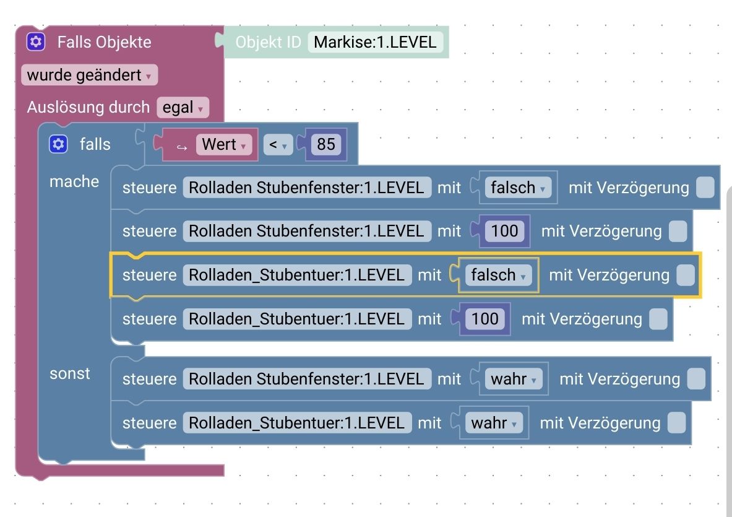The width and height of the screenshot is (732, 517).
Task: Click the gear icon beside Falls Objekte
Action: pyautogui.click(x=36, y=42)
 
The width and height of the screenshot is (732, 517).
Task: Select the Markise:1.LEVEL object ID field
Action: pyautogui.click(x=375, y=42)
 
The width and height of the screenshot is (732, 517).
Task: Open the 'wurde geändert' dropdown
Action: pyautogui.click(x=89, y=76)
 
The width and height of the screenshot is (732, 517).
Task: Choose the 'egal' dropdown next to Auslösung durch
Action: pyautogui.click(x=183, y=108)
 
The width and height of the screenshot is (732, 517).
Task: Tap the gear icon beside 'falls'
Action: pyautogui.click(x=58, y=144)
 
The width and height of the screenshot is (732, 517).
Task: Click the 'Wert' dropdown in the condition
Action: pyautogui.click(x=224, y=145)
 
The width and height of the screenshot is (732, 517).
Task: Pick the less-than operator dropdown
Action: pyautogui.click(x=278, y=145)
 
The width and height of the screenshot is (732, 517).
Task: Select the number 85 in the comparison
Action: pyautogui.click(x=325, y=145)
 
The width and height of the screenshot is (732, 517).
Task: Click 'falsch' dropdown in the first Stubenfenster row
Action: pyautogui.click(x=517, y=188)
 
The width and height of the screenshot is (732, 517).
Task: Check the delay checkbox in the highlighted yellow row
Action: pyautogui.click(x=685, y=276)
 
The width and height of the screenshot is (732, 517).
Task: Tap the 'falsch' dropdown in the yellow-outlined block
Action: pyautogui.click(x=498, y=276)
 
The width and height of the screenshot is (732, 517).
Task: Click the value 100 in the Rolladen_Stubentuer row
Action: pyautogui.click(x=484, y=319)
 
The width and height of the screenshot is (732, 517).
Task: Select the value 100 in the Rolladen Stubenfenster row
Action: pyautogui.click(x=504, y=232)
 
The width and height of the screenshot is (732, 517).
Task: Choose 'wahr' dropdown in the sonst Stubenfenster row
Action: pyautogui.click(x=513, y=379)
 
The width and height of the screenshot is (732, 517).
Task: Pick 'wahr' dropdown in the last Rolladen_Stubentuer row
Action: pyautogui.click(x=494, y=423)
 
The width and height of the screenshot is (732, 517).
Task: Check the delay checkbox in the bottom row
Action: pyautogui.click(x=676, y=423)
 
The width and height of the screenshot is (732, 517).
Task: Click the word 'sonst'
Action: pyautogui.click(x=70, y=373)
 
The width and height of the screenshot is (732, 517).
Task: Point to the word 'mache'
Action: pyautogui.click(x=74, y=181)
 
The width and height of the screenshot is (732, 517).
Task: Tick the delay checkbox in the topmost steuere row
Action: pyautogui.click(x=705, y=188)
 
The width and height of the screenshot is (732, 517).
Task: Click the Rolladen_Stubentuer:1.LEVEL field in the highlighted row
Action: pyautogui.click(x=296, y=276)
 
